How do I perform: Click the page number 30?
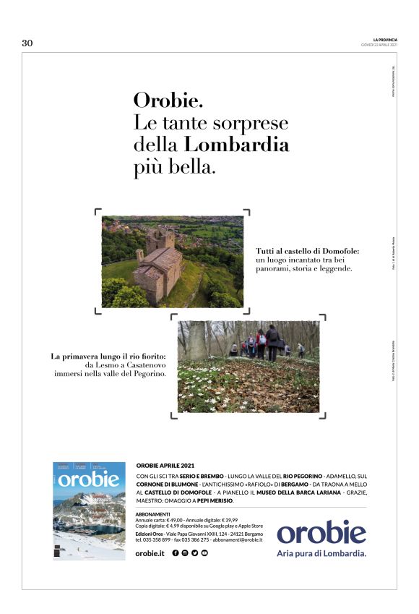point(27,43)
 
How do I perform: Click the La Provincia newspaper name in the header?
point(385,39)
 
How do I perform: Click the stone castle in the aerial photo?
point(160,263)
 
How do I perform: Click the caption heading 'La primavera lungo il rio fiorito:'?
point(108,356)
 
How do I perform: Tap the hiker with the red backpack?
point(262,343)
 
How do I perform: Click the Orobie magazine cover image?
point(89,511)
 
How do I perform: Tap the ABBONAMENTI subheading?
point(152,513)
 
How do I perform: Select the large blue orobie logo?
point(321,533)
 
